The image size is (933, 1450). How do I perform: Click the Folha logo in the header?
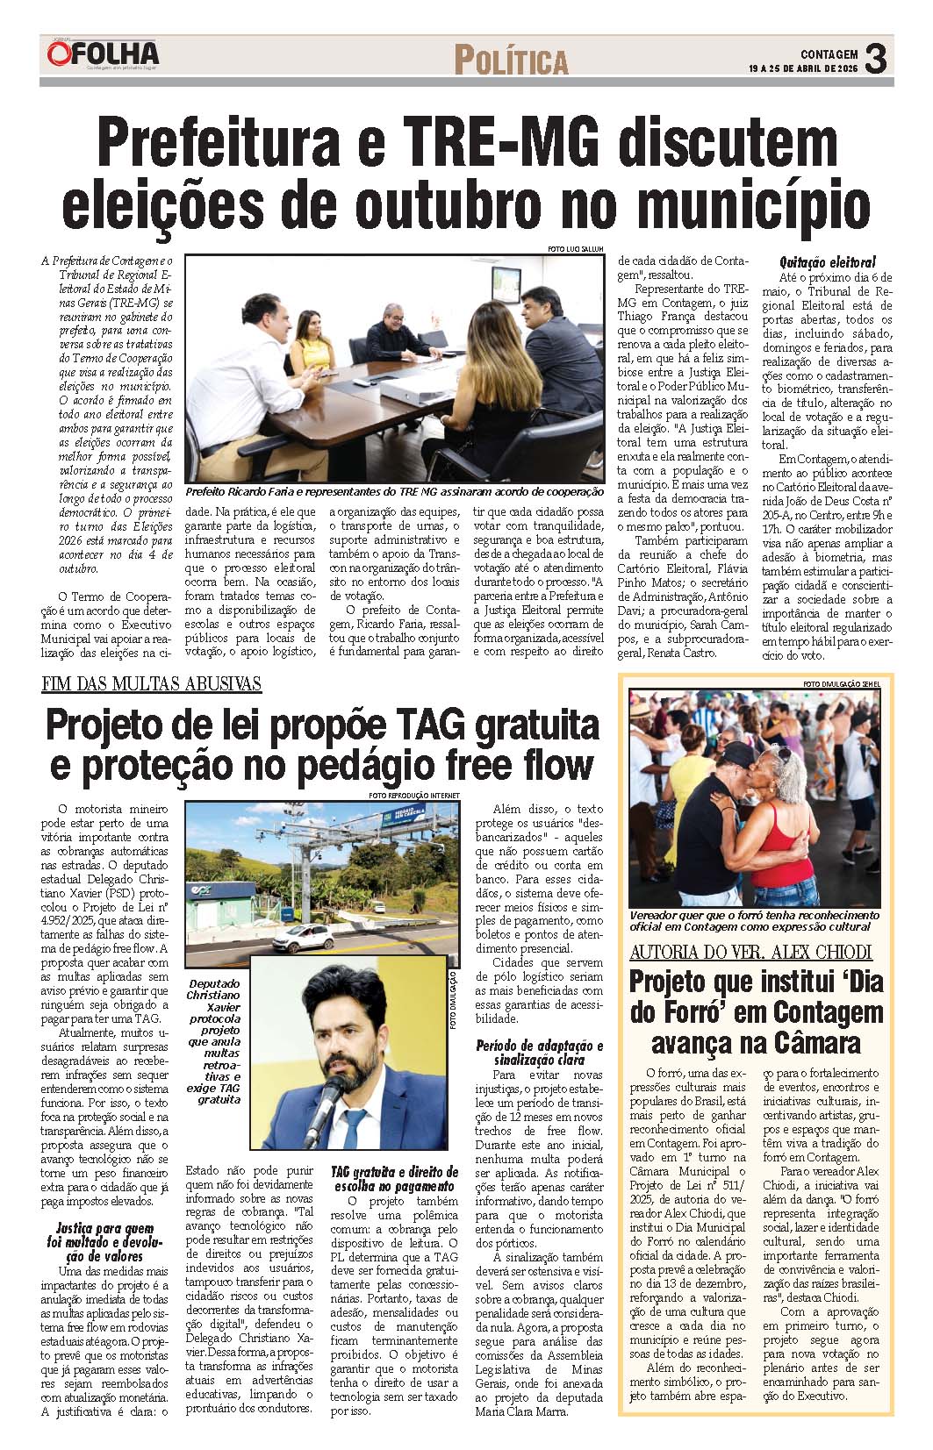pyautogui.click(x=103, y=54)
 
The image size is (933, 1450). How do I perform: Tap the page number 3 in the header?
pyautogui.click(x=875, y=60)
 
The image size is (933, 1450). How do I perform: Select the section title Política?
pyautogui.click(x=511, y=61)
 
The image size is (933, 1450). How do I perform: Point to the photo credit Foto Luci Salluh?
pyautogui.click(x=575, y=249)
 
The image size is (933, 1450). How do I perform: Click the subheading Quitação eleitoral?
pyautogui.click(x=828, y=262)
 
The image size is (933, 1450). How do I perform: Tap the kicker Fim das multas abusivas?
pyautogui.click(x=152, y=684)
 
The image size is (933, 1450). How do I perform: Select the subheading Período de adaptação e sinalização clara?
pyautogui.click(x=539, y=1052)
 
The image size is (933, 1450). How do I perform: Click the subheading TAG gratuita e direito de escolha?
pyautogui.click(x=394, y=1179)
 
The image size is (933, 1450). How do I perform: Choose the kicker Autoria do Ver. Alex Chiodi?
pyautogui.click(x=750, y=952)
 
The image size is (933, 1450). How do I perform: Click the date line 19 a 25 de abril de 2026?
pyautogui.click(x=802, y=68)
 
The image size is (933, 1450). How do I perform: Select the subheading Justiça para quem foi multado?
pyautogui.click(x=104, y=1242)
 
